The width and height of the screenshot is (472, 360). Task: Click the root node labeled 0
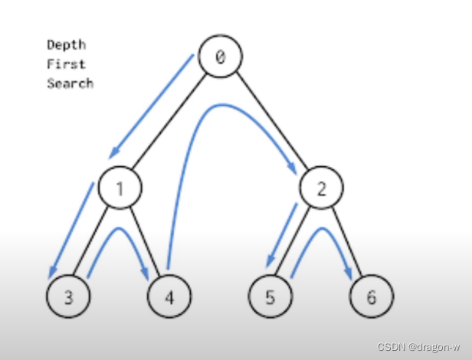click(x=220, y=57)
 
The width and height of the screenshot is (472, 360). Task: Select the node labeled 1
click(x=120, y=188)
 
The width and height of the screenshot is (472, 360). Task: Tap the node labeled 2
click(x=321, y=188)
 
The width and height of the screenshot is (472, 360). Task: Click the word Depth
click(x=66, y=44)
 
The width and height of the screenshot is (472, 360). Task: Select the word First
click(x=66, y=64)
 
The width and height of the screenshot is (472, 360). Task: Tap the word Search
click(x=70, y=83)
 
